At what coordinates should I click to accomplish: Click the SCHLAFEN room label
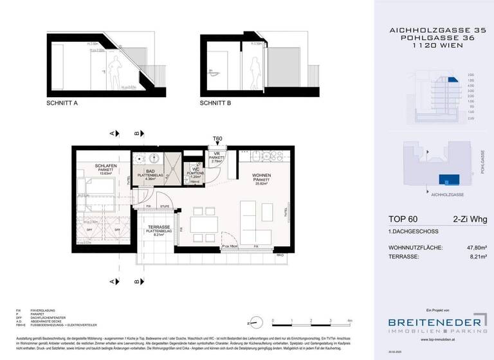(x=104, y=166)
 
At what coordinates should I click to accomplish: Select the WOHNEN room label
(x=252, y=179)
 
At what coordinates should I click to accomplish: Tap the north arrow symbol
(x=254, y=321)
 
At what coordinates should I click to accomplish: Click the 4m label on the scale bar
(x=349, y=319)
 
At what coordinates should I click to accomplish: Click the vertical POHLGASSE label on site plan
(x=481, y=161)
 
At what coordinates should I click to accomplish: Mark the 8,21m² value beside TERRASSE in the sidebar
(x=475, y=256)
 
